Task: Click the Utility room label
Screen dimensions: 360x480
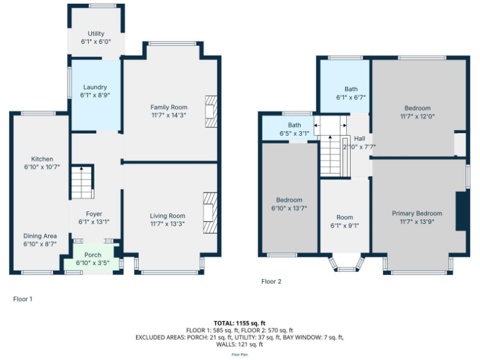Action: click(x=96, y=34)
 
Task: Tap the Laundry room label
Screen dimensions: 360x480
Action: click(x=94, y=87)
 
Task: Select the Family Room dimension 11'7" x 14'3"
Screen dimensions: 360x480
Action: click(x=169, y=116)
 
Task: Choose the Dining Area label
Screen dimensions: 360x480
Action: click(x=41, y=236)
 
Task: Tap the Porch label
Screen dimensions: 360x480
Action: click(x=92, y=255)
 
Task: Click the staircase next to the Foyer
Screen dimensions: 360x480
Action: click(x=81, y=182)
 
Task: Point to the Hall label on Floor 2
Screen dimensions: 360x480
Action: click(x=360, y=139)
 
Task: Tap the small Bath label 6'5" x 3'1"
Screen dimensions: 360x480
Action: click(x=290, y=133)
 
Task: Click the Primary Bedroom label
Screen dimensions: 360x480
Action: click(x=417, y=213)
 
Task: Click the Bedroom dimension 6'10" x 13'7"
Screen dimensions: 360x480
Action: click(x=289, y=208)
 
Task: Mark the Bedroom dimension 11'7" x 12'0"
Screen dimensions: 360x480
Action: click(x=417, y=116)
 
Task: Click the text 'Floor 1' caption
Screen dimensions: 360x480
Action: click(x=22, y=299)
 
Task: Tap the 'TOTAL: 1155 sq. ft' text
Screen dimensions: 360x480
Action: click(x=240, y=323)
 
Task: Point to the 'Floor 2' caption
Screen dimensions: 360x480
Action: click(x=271, y=282)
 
